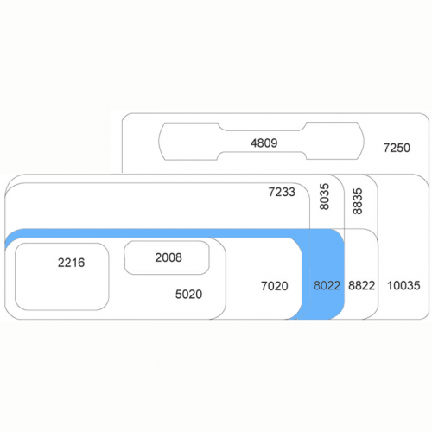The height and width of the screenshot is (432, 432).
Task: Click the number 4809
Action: [264, 143]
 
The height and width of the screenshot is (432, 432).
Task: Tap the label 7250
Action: [397, 148]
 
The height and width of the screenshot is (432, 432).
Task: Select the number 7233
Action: [282, 192]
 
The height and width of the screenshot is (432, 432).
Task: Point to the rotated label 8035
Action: [324, 197]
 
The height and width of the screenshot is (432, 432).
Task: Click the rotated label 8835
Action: [357, 201]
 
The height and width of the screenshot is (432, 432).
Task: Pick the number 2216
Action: [71, 263]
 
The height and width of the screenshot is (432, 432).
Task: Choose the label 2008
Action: [168, 257]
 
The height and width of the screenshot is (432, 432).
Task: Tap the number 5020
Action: [188, 294]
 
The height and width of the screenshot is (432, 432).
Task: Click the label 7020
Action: [275, 286]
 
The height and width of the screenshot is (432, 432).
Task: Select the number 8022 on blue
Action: [327, 285]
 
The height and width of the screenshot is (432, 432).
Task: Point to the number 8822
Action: [361, 285]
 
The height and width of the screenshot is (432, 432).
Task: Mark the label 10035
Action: [403, 285]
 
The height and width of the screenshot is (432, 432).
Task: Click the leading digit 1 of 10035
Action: [390, 285]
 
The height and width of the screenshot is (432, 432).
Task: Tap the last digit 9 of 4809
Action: [274, 143]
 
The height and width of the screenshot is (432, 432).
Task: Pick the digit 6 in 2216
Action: [81, 263]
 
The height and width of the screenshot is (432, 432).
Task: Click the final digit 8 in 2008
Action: [179, 257]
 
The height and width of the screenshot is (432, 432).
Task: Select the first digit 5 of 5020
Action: [179, 294]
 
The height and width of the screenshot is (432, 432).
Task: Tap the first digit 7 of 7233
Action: [272, 192]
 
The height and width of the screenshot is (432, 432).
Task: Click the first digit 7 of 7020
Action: [264, 286]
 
